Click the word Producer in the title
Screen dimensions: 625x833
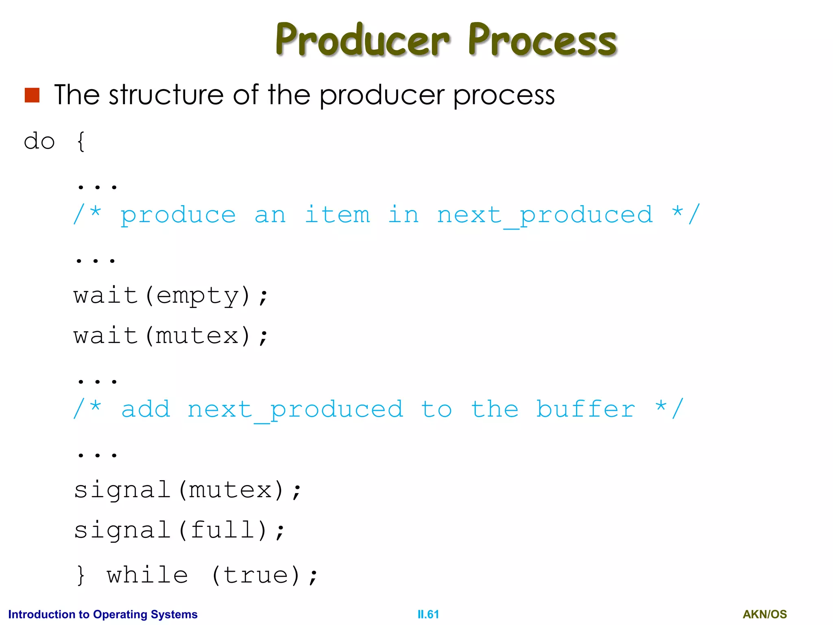362,40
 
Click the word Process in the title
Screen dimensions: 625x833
542,40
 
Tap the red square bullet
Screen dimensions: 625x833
32,95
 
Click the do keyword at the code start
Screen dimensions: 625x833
39,142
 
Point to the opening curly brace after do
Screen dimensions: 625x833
81,142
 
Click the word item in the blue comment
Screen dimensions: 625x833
337,214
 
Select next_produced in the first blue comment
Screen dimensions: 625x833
545,215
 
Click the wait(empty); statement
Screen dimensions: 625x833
171,295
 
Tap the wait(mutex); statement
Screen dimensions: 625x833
171,336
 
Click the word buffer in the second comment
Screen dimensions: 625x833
585,409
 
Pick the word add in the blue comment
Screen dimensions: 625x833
146,409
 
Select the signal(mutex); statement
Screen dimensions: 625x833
188,490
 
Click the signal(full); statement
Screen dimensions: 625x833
179,530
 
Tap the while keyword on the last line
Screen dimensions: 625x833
147,575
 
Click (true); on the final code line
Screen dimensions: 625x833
264,575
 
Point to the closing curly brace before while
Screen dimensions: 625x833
81,575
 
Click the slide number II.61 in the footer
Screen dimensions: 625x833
428,614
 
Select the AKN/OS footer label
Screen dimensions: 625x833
764,614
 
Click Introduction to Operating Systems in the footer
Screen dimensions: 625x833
102,614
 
